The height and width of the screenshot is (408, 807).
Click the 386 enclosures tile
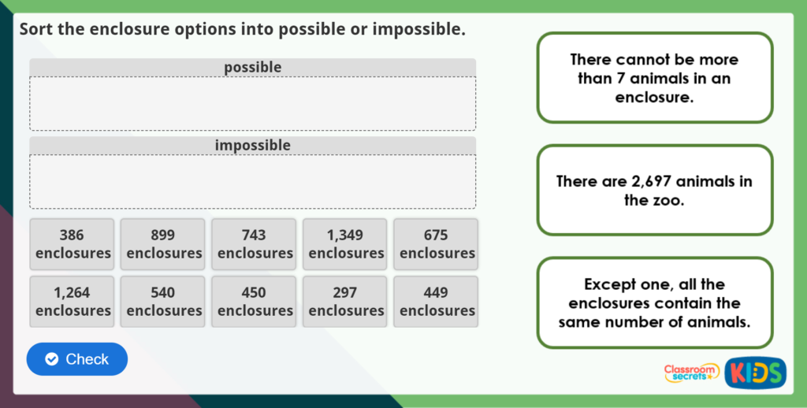(72, 244)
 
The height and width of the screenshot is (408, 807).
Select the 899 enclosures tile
(162, 244)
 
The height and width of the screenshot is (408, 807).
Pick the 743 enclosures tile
(254, 244)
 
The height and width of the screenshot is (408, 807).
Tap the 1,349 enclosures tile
(345, 244)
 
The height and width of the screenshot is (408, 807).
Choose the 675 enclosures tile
(436, 244)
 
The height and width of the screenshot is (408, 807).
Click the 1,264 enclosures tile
(72, 302)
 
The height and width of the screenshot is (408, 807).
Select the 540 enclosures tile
(162, 302)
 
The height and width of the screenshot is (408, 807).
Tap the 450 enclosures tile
(254, 302)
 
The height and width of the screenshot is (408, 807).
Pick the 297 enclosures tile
(345, 302)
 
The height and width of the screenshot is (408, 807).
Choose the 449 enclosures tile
(436, 302)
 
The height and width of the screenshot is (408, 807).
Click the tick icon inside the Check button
(51, 359)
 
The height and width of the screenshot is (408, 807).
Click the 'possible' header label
(253, 68)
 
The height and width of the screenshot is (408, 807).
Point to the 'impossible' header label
(253, 146)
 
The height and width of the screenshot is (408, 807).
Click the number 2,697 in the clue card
(650, 182)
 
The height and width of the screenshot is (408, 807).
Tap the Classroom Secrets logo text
(691, 373)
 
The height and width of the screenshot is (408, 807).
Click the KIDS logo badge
(756, 373)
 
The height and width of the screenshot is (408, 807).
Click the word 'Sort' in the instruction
(36, 29)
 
